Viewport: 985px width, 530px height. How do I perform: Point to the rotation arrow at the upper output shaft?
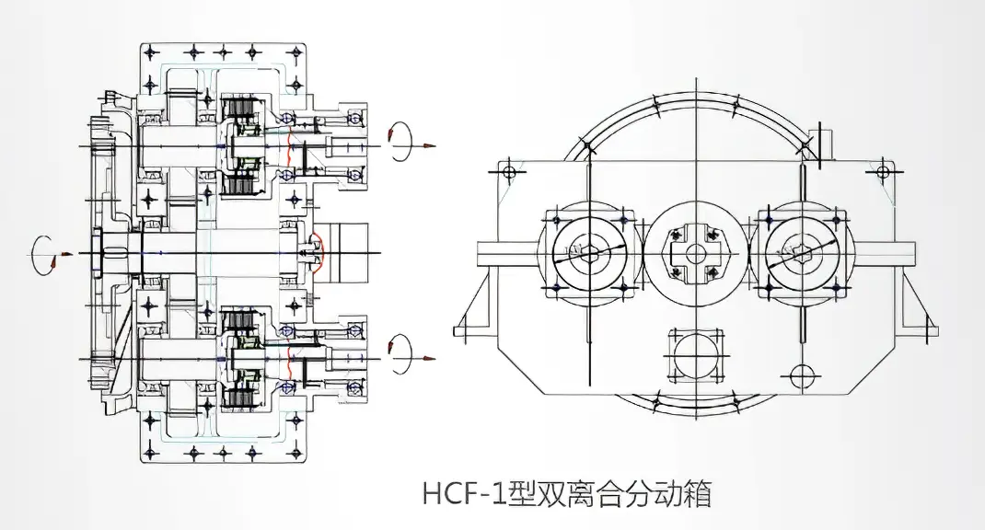pyautogui.click(x=402, y=135)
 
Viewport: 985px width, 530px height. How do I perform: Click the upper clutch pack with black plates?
pyautogui.click(x=241, y=147)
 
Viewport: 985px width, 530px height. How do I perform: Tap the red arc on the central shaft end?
pyautogui.click(x=317, y=253)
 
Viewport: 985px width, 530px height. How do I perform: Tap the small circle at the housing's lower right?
pyautogui.click(x=801, y=374)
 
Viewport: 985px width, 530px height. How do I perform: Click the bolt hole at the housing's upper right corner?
pyautogui.click(x=883, y=171)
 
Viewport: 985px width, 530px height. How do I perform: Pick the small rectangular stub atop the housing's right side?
pyautogui.click(x=824, y=145)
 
